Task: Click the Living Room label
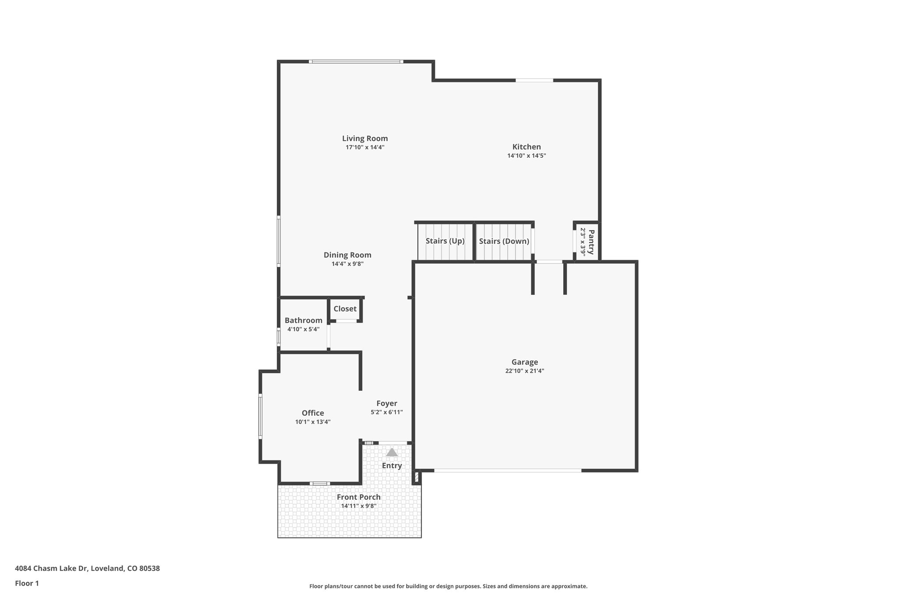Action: click(x=365, y=138)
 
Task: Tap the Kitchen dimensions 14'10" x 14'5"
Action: click(x=526, y=156)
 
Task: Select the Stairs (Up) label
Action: click(x=445, y=241)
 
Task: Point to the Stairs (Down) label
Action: click(x=504, y=241)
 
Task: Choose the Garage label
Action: click(x=524, y=362)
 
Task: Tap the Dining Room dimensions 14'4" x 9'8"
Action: click(x=347, y=264)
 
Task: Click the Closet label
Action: click(x=345, y=309)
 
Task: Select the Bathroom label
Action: click(x=303, y=320)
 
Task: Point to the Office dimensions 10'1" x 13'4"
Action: click(x=312, y=422)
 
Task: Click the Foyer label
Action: click(x=387, y=403)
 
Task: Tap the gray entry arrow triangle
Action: click(x=392, y=452)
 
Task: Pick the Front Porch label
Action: click(x=358, y=497)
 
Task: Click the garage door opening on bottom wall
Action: click(x=507, y=471)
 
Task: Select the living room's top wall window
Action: click(x=356, y=62)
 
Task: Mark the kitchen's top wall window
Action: click(x=534, y=81)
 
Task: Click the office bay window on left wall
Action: click(x=260, y=416)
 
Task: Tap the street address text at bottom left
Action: click(x=87, y=569)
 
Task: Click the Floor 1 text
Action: click(x=27, y=584)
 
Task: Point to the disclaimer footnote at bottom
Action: click(x=448, y=586)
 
